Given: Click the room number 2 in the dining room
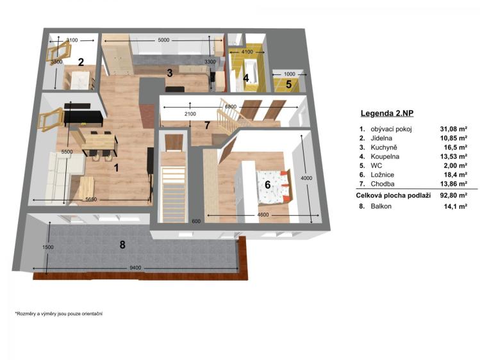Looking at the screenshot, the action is [x=81, y=62].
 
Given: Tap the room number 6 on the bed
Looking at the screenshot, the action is [x=267, y=184].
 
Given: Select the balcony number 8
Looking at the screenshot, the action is [x=122, y=245].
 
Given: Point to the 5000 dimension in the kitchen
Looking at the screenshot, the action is [x=163, y=40].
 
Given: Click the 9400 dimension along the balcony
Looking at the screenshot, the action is [x=135, y=268].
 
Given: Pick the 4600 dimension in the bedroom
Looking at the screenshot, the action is [x=263, y=215].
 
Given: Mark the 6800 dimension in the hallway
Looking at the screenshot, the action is [x=231, y=107].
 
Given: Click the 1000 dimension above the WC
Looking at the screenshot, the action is [x=289, y=74].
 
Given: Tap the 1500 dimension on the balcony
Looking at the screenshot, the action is [x=48, y=247].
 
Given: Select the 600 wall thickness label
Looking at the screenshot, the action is [x=196, y=221].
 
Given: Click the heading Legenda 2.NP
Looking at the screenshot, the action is [x=387, y=113].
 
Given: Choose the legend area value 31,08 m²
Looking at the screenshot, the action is [x=453, y=129].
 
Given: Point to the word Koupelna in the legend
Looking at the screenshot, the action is [x=385, y=156].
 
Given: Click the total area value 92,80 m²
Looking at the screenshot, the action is [x=453, y=195].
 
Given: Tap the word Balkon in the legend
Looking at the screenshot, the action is [x=381, y=206].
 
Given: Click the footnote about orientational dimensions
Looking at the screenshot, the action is [x=59, y=313].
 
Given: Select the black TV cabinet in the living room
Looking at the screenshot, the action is [x=83, y=119].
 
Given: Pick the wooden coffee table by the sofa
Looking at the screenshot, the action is [x=87, y=187].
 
